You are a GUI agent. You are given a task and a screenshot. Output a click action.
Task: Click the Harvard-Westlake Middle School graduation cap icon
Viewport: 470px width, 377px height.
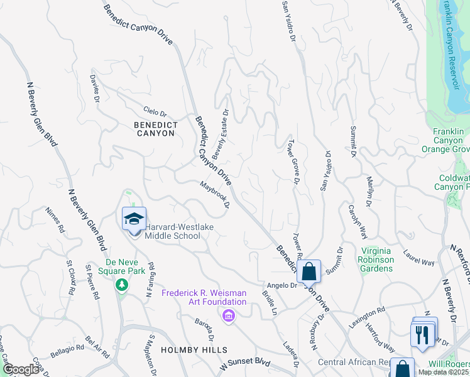click(134, 219)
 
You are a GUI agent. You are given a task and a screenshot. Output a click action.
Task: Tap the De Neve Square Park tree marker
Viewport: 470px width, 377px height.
click(121, 285)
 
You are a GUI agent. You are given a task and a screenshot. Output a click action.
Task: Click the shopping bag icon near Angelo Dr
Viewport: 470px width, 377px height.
click(309, 272)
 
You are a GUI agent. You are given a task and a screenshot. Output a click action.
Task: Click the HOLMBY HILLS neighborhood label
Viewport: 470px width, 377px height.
click(193, 349)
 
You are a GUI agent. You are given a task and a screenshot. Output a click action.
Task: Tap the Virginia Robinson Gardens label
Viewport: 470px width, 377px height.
click(376, 260)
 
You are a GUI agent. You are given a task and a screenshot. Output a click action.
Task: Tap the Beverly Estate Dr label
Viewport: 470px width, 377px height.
click(221, 133)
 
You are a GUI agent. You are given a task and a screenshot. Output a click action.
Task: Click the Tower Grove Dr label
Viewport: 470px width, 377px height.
click(293, 162)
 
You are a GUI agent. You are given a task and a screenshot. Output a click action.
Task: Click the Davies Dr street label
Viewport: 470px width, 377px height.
click(95, 88)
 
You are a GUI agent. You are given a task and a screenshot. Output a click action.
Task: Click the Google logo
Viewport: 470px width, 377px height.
click(21, 369)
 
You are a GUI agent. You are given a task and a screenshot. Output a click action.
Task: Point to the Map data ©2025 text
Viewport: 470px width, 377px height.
click(443, 372)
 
